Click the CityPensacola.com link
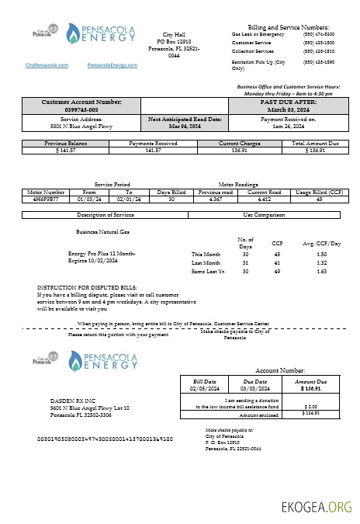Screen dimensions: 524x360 tap(47, 66)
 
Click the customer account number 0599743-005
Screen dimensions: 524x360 tap(81, 110)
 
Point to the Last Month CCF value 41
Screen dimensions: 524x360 tap(277, 263)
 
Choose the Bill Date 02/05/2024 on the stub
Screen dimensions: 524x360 tap(206, 389)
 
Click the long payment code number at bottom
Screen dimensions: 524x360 tap(105, 439)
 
